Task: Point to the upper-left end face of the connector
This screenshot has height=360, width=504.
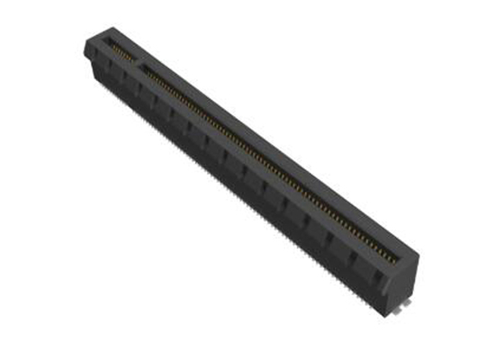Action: tap(93, 54)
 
